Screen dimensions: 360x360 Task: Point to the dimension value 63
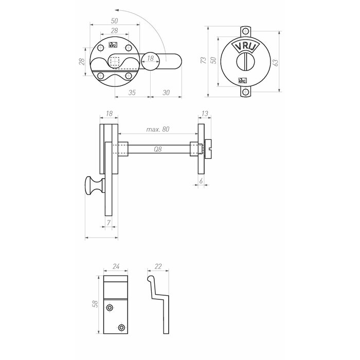tap(276, 62)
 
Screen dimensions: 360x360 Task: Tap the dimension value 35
tap(132, 93)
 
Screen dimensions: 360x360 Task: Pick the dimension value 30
tap(166, 93)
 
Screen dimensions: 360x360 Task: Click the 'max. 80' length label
tap(158, 130)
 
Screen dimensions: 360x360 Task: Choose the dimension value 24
tap(115, 267)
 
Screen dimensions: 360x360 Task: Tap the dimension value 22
tap(158, 267)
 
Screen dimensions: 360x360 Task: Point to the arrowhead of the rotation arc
tap(118, 9)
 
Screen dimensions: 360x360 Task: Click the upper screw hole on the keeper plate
tap(110, 308)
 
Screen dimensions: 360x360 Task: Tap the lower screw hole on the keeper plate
tap(121, 327)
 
